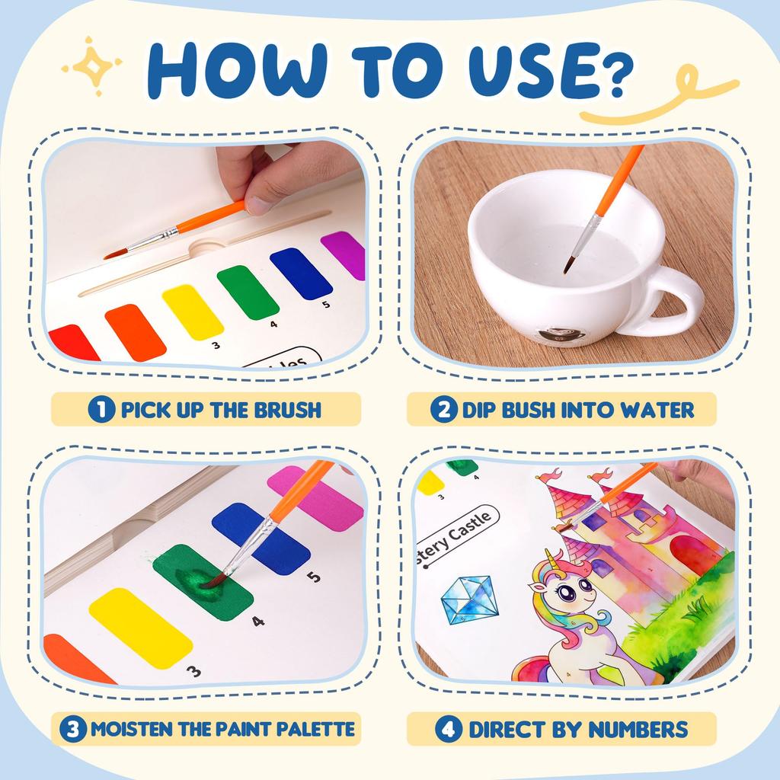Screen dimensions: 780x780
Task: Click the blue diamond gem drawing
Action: tap(468, 599)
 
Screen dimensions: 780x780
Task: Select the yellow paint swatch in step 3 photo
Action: tap(140, 627)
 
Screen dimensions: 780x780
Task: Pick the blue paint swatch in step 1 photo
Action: tap(301, 273)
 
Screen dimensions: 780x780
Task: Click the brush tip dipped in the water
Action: tap(568, 267)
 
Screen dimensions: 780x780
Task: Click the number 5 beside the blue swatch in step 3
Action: tap(315, 577)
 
